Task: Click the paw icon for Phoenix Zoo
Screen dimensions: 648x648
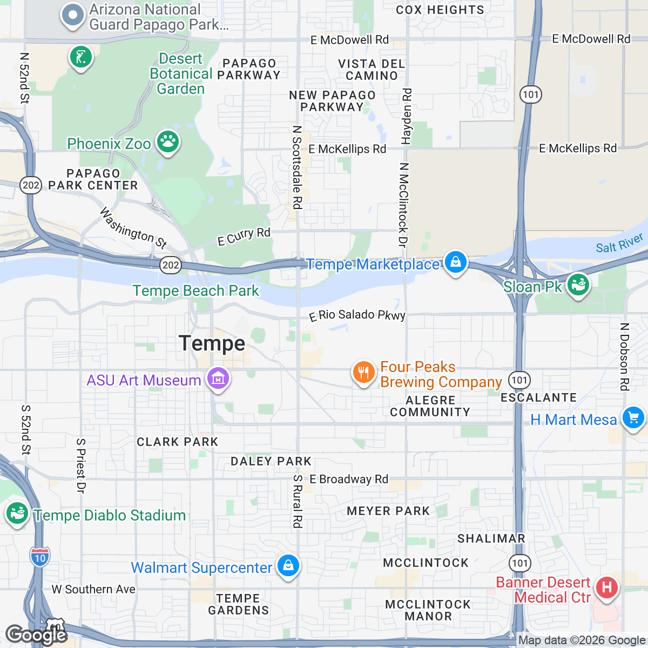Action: (x=168, y=143)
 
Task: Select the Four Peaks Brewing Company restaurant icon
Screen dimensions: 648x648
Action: (x=364, y=373)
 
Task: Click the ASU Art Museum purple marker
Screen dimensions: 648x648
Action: (x=218, y=380)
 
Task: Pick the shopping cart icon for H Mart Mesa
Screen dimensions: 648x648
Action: (x=633, y=418)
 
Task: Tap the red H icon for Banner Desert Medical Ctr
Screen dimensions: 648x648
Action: (x=606, y=588)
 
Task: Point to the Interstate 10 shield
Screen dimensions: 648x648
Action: (x=40, y=557)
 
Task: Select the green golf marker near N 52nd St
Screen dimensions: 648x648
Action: (x=81, y=57)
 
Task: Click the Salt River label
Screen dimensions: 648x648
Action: (x=619, y=244)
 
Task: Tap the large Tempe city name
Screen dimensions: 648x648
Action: (x=212, y=343)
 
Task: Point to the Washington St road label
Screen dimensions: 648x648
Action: (x=133, y=228)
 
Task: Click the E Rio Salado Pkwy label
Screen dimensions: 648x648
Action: (x=357, y=315)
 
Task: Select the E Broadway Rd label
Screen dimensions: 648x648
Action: (x=348, y=479)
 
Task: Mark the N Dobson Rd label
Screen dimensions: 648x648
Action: (x=624, y=356)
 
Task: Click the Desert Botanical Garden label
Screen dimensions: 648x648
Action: (x=181, y=74)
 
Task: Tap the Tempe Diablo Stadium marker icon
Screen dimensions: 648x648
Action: (x=17, y=514)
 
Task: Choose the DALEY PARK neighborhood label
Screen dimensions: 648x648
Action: (x=271, y=461)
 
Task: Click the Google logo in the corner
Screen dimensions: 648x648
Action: (x=36, y=635)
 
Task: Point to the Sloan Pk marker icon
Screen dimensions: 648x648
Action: (x=578, y=285)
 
